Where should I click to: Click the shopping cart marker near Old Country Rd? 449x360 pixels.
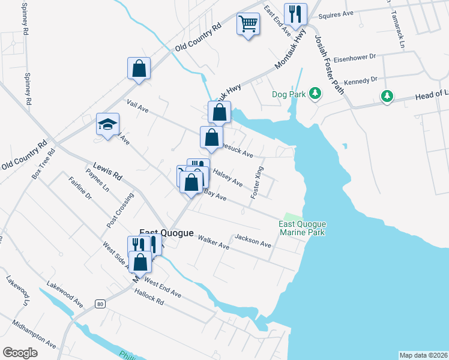247,25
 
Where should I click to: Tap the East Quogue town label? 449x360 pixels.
166,233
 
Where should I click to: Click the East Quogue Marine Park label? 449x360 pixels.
302,228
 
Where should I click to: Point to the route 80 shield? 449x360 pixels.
100,304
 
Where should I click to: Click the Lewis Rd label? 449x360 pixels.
107,171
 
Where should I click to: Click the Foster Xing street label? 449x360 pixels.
257,182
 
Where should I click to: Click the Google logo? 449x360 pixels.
20,353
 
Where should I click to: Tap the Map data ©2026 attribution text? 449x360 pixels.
424,355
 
